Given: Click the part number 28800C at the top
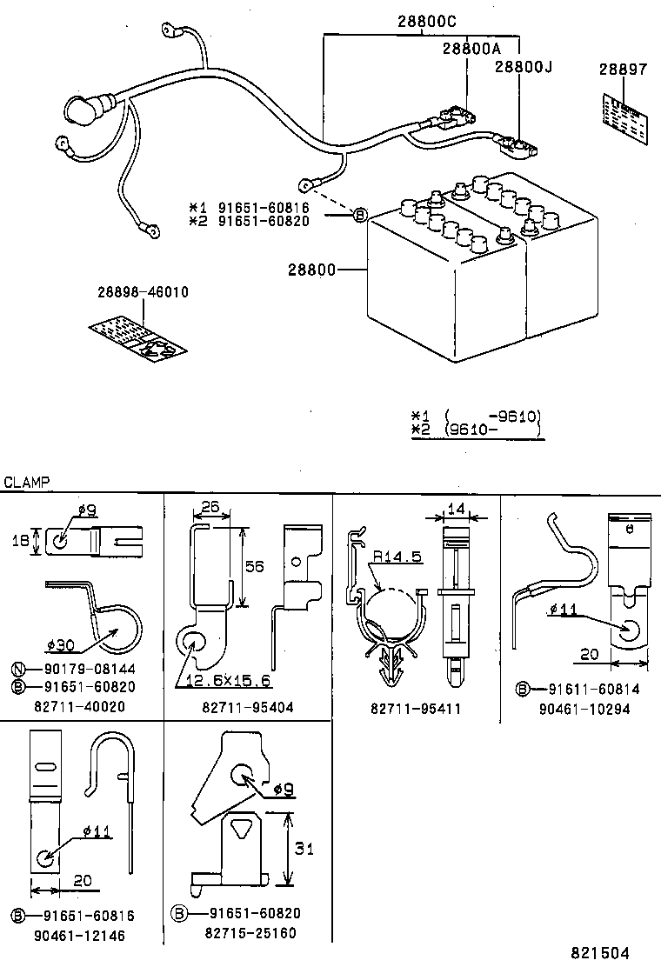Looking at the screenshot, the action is coord(427,21).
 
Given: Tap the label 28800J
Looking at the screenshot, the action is coord(524,66).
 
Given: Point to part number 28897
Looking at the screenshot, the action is coord(624,69).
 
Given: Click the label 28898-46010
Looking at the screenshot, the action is coord(143,291).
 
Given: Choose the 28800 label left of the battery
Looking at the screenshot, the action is coord(312,270).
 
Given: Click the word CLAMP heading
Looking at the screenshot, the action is coord(26,483).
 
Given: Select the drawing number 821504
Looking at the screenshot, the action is coord(600,953).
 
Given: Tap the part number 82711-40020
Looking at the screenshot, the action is coord(79,706).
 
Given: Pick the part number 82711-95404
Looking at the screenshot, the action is coord(248,707).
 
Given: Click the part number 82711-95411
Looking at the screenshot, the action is coord(416,709).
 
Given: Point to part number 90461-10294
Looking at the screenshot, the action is coord(584,710).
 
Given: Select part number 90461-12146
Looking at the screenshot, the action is coord(79,936).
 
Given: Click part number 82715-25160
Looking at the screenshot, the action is coord(250,933).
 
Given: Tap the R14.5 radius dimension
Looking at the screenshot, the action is coord(397,557).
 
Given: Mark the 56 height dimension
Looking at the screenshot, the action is coord(254,565).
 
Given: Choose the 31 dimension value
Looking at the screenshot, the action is coord(304,849).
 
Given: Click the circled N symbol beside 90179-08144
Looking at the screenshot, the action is coord(18,669).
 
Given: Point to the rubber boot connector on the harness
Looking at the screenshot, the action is coord(85,110).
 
